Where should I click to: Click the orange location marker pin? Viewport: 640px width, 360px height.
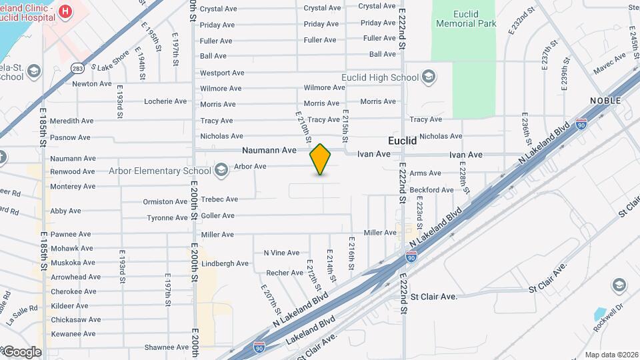[x=321, y=159]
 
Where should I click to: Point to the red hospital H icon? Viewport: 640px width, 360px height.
[x=65, y=11]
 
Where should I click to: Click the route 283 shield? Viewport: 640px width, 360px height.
[x=78, y=68]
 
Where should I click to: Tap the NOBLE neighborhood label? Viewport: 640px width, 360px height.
[x=605, y=100]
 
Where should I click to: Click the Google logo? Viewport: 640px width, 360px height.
[x=21, y=351]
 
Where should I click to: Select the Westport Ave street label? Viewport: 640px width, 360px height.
[x=222, y=73]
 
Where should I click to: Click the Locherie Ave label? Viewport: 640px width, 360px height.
[x=165, y=101]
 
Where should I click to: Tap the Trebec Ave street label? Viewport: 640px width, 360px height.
[x=219, y=199]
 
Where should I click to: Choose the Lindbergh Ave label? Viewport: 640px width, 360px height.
[x=225, y=263]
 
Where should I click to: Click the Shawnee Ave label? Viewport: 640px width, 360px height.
[x=167, y=347]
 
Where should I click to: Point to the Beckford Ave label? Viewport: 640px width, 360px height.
[x=431, y=190]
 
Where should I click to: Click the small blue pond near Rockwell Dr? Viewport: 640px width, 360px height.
[x=600, y=313]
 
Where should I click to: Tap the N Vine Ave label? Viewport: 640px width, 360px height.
[x=281, y=253]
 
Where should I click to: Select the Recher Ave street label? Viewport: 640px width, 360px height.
[x=285, y=273]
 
